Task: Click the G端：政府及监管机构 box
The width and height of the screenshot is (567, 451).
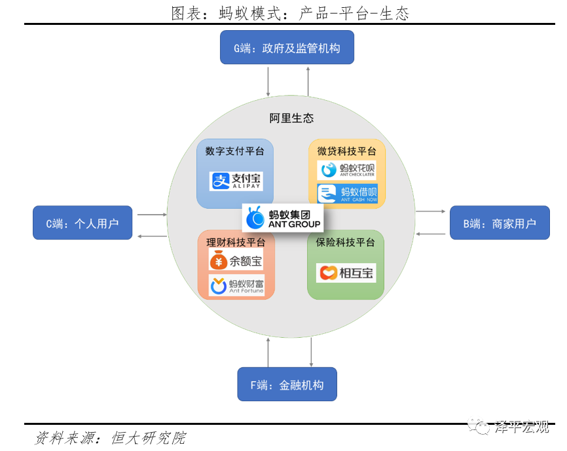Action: click(287, 48)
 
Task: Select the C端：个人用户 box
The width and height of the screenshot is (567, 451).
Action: click(82, 223)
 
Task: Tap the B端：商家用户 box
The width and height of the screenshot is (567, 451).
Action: click(500, 223)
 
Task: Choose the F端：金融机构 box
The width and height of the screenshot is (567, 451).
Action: click(287, 384)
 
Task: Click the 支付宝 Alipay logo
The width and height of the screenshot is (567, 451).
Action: click(236, 181)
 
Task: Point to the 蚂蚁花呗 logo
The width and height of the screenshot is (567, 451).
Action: click(347, 170)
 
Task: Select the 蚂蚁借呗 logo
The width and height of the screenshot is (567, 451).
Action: click(347, 193)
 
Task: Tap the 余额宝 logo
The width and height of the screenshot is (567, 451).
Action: click(236, 261)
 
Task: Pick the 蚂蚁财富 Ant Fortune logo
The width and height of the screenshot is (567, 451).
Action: click(236, 285)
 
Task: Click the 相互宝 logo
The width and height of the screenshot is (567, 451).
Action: click(346, 272)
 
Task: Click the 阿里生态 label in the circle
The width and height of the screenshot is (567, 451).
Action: click(291, 118)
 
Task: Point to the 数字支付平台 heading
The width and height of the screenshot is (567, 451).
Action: click(235, 151)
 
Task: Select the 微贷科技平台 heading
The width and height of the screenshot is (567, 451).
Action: click(347, 151)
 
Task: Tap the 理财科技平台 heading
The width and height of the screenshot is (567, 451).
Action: click(236, 242)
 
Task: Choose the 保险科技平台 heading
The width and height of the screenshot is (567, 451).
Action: click(346, 242)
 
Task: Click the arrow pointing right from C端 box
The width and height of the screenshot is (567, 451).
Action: click(153, 214)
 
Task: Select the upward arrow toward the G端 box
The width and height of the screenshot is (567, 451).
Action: click(308, 82)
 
